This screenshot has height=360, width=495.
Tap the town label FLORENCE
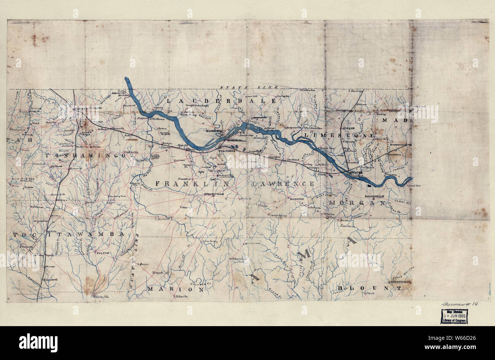(214, 131)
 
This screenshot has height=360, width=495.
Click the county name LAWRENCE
(283, 183)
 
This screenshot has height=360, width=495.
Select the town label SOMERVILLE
(375, 196)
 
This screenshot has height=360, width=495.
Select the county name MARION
(176, 289)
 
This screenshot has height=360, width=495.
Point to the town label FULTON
(104, 253)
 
